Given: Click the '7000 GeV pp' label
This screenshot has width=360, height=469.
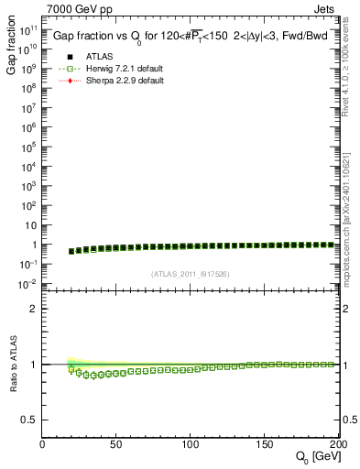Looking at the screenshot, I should click(x=75, y=11).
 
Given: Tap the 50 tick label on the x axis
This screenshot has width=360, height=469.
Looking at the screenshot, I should click(x=116, y=444).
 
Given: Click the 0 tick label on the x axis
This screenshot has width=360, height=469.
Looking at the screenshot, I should click(x=42, y=444).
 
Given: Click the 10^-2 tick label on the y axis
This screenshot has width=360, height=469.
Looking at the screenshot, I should click(x=28, y=284).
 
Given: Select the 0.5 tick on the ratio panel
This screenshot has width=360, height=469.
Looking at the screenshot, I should click(x=30, y=420).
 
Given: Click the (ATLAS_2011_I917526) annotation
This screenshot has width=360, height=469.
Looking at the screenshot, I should click(x=191, y=275).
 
